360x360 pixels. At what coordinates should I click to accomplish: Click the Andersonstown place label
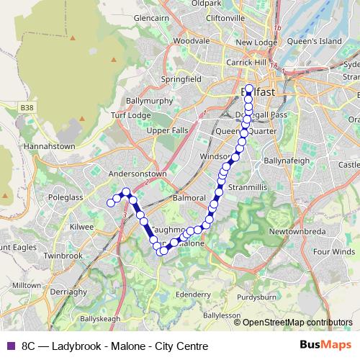pos(137,174)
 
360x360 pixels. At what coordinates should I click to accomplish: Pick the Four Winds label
pos(334,252)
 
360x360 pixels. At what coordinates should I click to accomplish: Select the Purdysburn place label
pos(256,296)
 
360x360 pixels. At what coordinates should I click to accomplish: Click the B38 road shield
pos(27,107)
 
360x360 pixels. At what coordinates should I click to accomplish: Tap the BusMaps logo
pos(325,345)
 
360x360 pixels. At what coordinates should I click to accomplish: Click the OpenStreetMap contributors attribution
pos(297,323)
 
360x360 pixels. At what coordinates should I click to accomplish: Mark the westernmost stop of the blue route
pos(112,203)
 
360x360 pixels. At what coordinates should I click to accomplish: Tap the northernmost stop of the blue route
pos(249,89)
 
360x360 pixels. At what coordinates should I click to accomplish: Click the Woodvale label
pos(191,42)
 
